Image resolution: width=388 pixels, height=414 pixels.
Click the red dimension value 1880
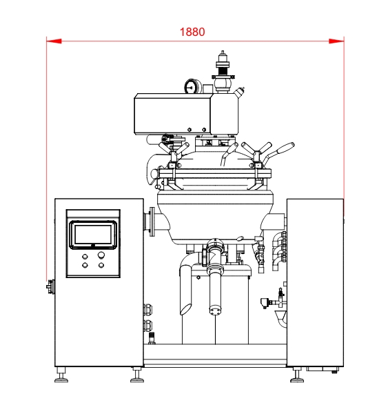click(x=192, y=32)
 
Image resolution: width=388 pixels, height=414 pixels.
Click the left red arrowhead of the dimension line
click(x=54, y=41)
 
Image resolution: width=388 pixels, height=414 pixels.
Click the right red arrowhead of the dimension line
click(x=336, y=41)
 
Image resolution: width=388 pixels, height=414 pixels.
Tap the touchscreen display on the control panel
click(x=93, y=235)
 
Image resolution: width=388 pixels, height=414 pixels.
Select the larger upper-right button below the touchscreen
click(x=101, y=255)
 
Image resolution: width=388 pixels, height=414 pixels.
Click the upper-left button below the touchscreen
click(x=85, y=257)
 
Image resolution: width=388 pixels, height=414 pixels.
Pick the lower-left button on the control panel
click(x=85, y=265)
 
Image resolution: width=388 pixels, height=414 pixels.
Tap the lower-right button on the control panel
click(x=101, y=265)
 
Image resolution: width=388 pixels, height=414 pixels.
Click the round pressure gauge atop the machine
click(x=190, y=86)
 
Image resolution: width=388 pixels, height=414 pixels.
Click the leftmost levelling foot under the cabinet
click(x=61, y=375)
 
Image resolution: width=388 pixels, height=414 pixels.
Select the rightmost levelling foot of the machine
click(x=297, y=375)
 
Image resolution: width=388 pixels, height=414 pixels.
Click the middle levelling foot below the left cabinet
click(x=137, y=375)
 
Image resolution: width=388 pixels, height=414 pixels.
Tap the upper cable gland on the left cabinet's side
click(x=147, y=309)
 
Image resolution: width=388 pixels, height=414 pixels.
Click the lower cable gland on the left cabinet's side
click(x=147, y=326)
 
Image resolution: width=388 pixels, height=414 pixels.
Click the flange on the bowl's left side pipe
click(x=152, y=221)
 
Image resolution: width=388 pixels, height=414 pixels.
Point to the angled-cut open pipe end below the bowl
click(x=185, y=309)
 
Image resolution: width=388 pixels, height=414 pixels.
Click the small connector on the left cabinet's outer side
click(x=51, y=286)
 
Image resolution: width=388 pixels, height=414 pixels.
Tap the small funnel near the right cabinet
click(x=280, y=316)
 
